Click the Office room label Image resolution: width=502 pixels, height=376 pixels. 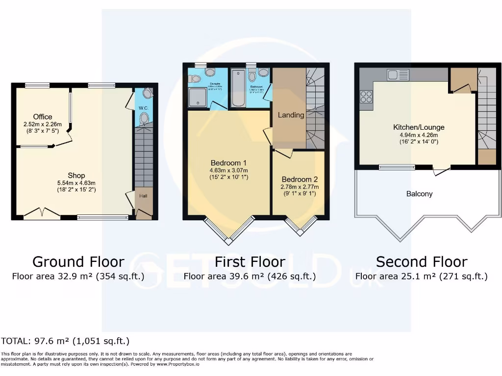(43, 117)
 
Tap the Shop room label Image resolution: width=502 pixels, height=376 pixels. (76, 175)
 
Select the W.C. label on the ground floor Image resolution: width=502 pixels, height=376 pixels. (144, 108)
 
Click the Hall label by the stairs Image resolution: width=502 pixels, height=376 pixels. (143, 196)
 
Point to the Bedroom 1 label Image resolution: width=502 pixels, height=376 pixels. (228, 163)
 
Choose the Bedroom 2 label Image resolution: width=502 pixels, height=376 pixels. (300, 179)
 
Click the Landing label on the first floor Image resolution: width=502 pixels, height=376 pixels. (291, 115)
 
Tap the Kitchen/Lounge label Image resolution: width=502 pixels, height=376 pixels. (419, 127)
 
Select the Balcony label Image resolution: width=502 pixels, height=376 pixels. (419, 194)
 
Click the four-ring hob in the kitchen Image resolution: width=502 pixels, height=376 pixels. (366, 96)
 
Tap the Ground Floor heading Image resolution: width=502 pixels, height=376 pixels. (78, 262)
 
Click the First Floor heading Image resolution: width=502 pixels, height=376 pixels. (250, 262)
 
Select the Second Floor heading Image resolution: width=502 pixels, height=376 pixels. (422, 262)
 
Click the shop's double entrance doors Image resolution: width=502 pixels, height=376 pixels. (42, 213)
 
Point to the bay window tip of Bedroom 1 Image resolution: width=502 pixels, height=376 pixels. (228, 241)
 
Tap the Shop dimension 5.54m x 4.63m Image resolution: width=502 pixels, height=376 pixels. (76, 183)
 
